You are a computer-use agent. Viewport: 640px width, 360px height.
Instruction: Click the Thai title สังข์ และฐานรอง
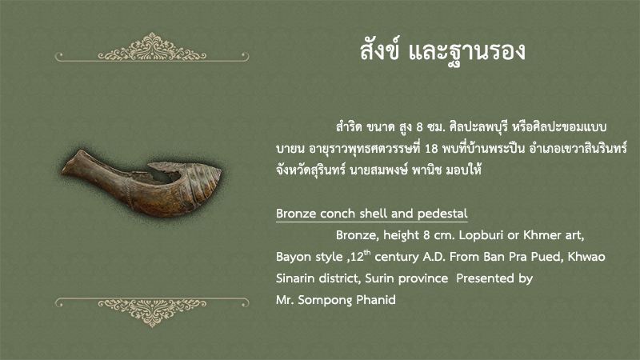[x=442, y=51]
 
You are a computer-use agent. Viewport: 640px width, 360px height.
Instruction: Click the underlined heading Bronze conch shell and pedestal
[x=371, y=214]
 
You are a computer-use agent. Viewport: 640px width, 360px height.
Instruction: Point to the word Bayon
[x=293, y=257]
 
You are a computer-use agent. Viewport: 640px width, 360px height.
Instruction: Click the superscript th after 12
[x=367, y=252]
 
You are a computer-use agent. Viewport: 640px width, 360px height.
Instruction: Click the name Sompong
[x=325, y=301]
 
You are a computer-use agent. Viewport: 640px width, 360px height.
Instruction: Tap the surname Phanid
[x=376, y=300]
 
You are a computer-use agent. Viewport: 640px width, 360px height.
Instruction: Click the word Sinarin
[x=294, y=278]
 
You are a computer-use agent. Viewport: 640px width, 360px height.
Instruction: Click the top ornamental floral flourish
[x=152, y=47]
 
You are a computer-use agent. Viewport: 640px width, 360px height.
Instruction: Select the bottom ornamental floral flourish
[x=152, y=312]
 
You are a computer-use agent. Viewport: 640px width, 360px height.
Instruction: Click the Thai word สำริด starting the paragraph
[x=349, y=127]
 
